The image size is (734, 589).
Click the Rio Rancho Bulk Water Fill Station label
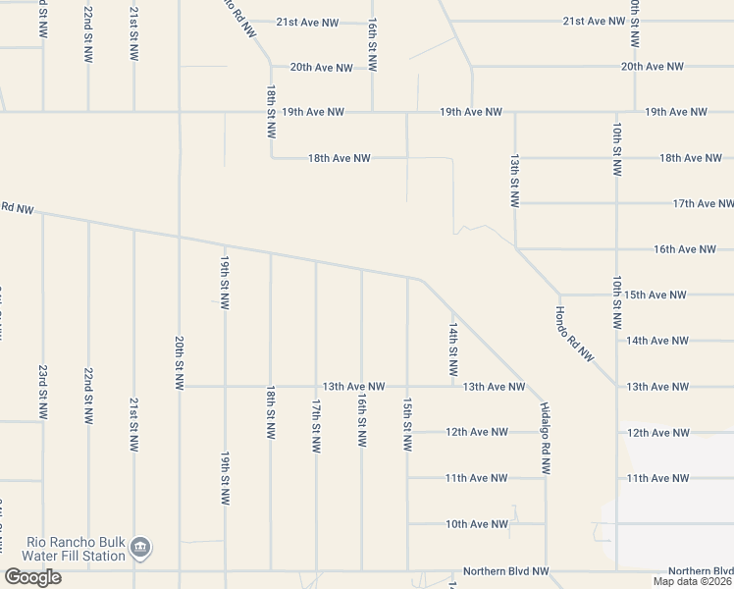[76, 548]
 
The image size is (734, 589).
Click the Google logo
[32, 576]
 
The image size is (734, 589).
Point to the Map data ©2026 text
[692, 580]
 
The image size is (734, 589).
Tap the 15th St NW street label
[406, 424]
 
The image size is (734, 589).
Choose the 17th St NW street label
[315, 424]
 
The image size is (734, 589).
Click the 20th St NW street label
[179, 362]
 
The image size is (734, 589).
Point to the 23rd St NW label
[42, 393]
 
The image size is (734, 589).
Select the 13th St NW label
[513, 179]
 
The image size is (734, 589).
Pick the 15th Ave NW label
[660, 294]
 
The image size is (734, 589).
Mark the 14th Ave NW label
[660, 341]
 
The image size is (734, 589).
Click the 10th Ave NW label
[476, 524]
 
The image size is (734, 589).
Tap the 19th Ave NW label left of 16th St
[312, 112]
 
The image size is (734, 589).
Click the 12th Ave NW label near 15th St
[476, 432]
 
